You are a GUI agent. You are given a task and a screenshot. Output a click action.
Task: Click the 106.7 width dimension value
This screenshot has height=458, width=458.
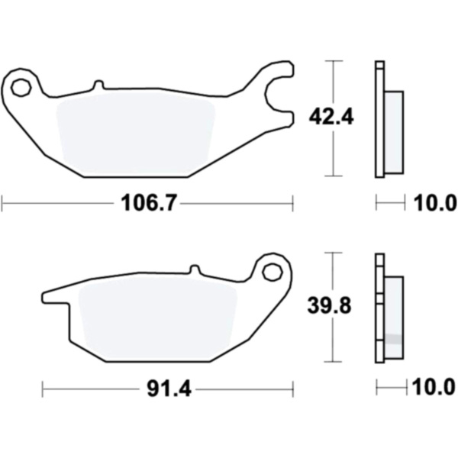tap(149, 203)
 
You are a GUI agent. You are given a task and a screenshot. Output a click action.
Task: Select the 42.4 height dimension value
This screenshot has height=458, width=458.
tap(331, 117)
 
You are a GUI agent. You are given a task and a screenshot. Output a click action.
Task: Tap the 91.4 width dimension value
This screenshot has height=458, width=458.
tap(169, 389)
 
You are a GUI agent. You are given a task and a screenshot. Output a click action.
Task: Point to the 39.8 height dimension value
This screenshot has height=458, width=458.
tap(329, 305)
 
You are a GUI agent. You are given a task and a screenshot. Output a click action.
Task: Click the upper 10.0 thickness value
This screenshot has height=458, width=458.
tap(435, 203)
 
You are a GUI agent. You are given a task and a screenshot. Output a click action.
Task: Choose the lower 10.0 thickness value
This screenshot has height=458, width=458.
tap(434, 388)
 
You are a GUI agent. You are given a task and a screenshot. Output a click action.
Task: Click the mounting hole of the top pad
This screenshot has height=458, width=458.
tap(21, 87)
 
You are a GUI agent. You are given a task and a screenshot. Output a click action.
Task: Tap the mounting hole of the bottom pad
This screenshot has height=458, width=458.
tap(273, 273)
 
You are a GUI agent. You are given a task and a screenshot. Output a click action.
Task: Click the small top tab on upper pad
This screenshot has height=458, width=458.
tap(99, 84)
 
